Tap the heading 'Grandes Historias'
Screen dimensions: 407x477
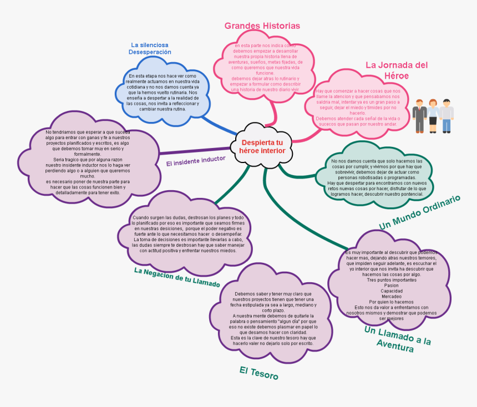point(262,26)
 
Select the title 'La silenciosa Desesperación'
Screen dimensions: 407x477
point(150,48)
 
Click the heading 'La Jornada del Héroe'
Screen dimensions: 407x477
point(396,70)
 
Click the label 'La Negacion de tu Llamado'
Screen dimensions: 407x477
point(177,277)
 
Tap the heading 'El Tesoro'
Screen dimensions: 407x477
point(258,373)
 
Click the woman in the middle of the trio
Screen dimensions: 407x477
point(433,115)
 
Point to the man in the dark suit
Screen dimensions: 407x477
point(419,115)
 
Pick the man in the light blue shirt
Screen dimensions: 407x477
point(446,115)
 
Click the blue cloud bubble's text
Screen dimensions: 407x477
point(163,92)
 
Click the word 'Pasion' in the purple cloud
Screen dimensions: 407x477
point(391,286)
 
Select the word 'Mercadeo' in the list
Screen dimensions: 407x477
point(391,297)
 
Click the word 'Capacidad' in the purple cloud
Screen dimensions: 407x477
point(391,291)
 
